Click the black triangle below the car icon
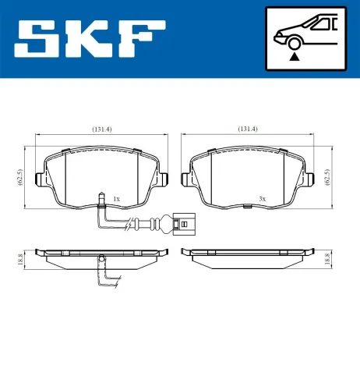tap(295, 55)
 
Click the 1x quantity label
tap(116, 200)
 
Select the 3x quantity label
tap(263, 200)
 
